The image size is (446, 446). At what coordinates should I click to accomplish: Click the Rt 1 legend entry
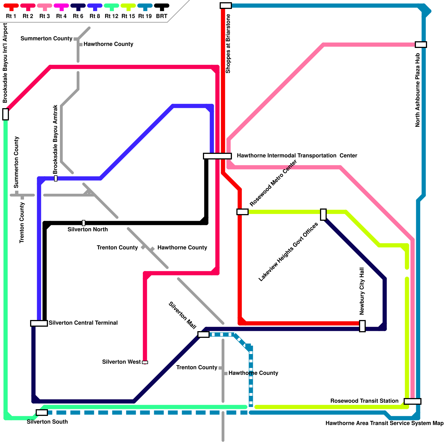click(x=11, y=11)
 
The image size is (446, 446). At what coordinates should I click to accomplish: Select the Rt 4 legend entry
click(x=61, y=11)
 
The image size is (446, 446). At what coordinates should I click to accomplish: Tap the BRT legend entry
click(x=162, y=11)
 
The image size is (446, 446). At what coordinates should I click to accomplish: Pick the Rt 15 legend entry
click(x=128, y=11)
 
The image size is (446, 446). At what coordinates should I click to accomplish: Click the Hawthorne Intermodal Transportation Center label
click(x=297, y=156)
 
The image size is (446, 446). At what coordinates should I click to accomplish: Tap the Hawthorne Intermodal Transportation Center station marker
click(x=217, y=156)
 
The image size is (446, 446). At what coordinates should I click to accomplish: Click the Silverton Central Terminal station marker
click(x=39, y=323)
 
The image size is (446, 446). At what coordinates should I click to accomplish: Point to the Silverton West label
click(x=121, y=362)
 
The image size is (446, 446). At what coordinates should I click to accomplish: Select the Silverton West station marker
click(x=145, y=362)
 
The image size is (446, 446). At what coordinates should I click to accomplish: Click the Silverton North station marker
click(x=84, y=223)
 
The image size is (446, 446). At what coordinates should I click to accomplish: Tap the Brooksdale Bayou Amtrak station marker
click(x=56, y=178)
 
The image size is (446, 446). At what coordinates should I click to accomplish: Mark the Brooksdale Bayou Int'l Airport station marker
click(x=6, y=114)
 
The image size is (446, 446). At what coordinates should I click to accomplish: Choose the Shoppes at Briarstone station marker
click(x=226, y=6)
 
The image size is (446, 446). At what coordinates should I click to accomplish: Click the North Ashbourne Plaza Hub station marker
click(x=421, y=45)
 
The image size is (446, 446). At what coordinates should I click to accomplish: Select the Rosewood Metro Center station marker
click(x=243, y=212)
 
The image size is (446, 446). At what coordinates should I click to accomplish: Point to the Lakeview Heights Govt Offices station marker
click(x=323, y=215)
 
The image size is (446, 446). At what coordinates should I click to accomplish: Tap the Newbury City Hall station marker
click(x=362, y=326)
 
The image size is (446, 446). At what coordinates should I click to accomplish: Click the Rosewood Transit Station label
click(x=364, y=401)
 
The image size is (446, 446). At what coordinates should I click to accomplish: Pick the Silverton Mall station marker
click(x=203, y=334)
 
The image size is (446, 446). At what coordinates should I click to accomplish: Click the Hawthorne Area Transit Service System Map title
click(x=384, y=423)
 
